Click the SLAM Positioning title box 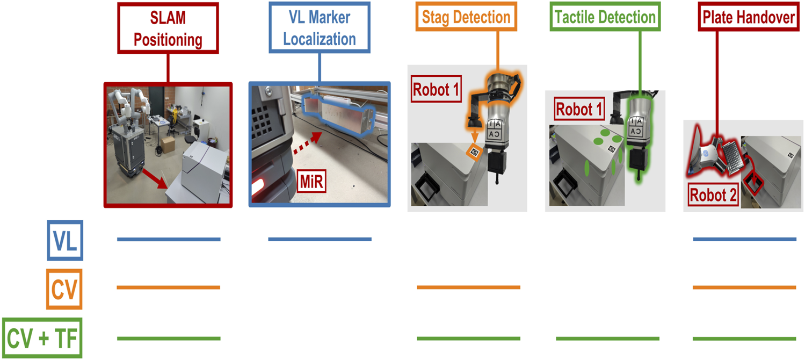pyautogui.click(x=168, y=28)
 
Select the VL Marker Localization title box pyautogui.click(x=320, y=28)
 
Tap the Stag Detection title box pyautogui.click(x=466, y=17)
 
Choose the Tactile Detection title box pyautogui.click(x=605, y=17)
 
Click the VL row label pyautogui.click(x=65, y=240)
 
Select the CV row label pyautogui.click(x=64, y=289)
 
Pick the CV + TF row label pyautogui.click(x=42, y=338)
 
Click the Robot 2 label pyautogui.click(x=714, y=196)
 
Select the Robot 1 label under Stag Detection pyautogui.click(x=436, y=90)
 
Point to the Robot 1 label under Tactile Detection pyautogui.click(x=579, y=109)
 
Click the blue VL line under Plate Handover pyautogui.click(x=744, y=239)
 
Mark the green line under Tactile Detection pyautogui.click(x=607, y=339)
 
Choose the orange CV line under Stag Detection pyautogui.click(x=468, y=287)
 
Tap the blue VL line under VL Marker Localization pyautogui.click(x=320, y=239)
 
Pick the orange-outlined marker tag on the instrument pyautogui.click(x=473, y=152)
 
